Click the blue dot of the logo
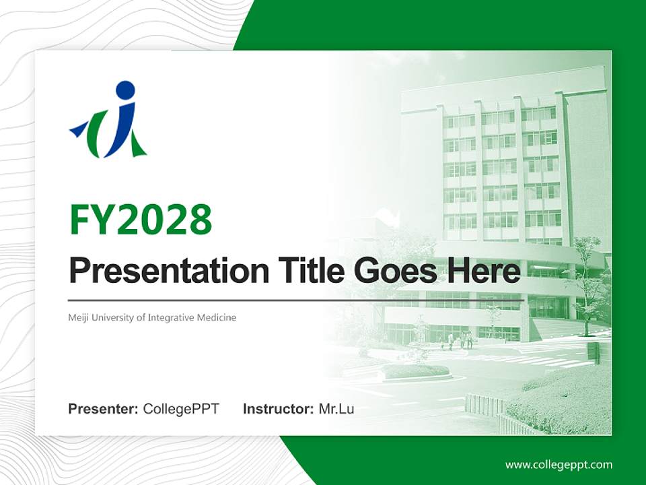click(x=125, y=91)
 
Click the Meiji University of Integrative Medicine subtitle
click(x=152, y=317)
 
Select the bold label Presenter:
click(x=104, y=409)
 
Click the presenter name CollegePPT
click(x=181, y=409)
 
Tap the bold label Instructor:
click(x=278, y=409)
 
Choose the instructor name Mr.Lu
click(x=336, y=409)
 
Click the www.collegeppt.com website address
click(x=559, y=464)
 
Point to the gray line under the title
click(x=296, y=300)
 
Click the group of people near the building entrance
click(x=461, y=340)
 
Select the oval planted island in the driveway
click(x=415, y=371)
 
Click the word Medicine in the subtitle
click(x=217, y=317)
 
